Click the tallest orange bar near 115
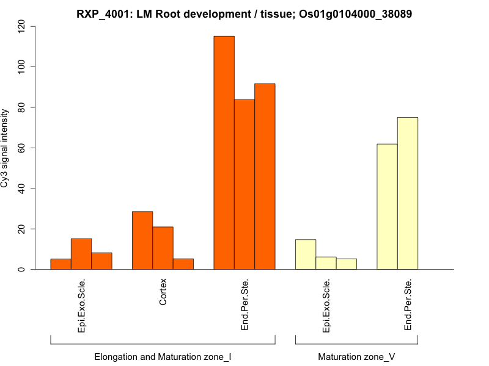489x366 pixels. click(x=224, y=152)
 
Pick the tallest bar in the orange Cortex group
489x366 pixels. click(x=142, y=240)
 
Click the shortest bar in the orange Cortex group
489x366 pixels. click(x=183, y=264)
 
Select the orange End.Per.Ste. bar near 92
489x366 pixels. click(x=265, y=176)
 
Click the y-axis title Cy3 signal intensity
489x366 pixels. click(x=6, y=148)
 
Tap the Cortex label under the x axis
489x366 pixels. click(x=163, y=293)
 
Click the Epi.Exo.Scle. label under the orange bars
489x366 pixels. click(x=81, y=306)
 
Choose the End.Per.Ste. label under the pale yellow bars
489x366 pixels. click(x=408, y=304)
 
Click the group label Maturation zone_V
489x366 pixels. click(x=356, y=356)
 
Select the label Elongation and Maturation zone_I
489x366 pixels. click(x=163, y=356)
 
